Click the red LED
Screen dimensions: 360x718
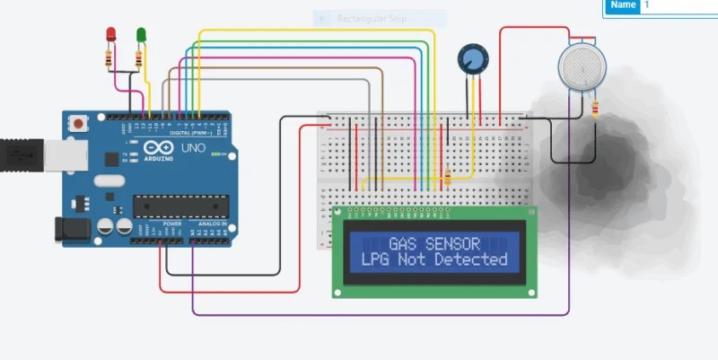tap(111, 34)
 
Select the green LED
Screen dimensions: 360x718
tap(141, 34)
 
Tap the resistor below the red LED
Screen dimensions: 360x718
tap(109, 59)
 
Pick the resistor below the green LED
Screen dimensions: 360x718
tap(138, 59)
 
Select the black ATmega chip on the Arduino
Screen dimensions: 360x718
tap(179, 206)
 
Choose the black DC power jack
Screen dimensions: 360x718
tap(71, 230)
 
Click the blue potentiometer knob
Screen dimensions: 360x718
tap(471, 59)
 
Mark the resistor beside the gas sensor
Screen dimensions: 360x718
tap(596, 109)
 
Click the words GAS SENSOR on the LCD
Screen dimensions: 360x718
tap(433, 243)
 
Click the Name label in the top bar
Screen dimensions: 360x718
tap(623, 5)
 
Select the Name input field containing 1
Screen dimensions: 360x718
tap(679, 5)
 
